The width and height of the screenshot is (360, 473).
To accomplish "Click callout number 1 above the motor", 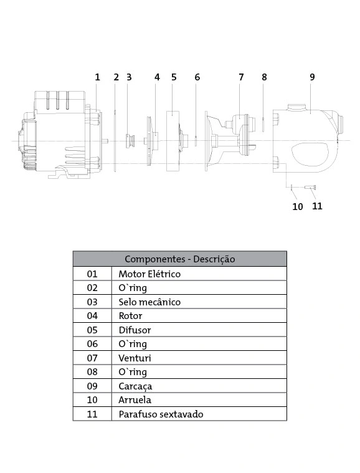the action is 97,77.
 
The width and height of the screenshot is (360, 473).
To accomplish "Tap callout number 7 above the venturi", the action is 241,77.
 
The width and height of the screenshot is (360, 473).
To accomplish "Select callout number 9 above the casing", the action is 312,77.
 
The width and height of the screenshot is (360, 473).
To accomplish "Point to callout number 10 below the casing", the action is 298,207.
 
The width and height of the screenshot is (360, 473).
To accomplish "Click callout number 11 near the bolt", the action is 317,206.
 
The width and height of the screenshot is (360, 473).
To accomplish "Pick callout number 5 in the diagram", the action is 174,77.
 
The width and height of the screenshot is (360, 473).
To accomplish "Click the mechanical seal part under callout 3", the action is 130,140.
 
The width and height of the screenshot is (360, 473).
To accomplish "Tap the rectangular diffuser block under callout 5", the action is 173,141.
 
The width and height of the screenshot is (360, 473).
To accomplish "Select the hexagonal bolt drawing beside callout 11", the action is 310,188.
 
